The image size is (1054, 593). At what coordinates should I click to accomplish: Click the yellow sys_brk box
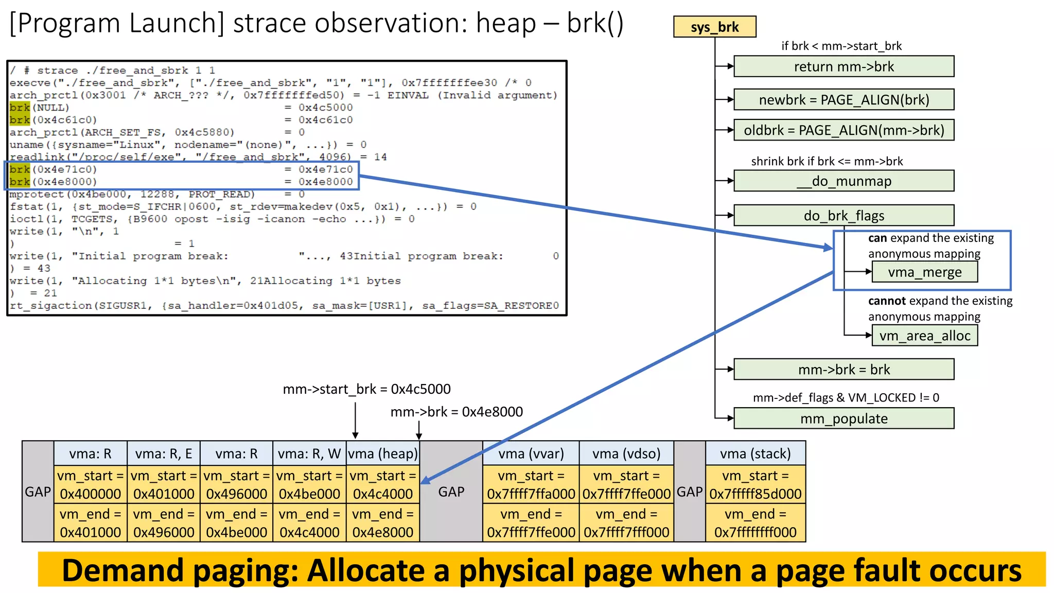click(714, 27)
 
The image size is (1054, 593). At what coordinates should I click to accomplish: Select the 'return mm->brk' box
click(844, 67)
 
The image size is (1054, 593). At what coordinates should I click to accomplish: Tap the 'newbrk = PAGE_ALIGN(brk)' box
click(844, 100)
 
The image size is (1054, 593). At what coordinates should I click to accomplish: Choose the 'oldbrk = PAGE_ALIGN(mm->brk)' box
click(844, 130)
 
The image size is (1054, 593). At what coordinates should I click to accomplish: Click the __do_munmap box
click(844, 181)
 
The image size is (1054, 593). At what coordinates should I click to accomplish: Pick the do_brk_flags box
click(844, 216)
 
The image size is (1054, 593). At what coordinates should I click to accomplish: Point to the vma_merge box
click(924, 272)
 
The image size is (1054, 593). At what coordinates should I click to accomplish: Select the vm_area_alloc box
click(924, 336)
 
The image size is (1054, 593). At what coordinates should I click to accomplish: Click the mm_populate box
click(844, 418)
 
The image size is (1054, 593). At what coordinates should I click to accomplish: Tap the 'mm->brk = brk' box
click(844, 370)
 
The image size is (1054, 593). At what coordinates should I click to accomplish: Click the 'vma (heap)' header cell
click(383, 454)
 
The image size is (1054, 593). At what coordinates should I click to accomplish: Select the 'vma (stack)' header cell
click(755, 454)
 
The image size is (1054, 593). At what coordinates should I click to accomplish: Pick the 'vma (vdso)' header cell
click(626, 454)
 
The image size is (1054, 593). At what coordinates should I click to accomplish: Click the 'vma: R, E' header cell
click(164, 454)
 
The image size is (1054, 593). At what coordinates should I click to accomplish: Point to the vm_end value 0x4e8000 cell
click(383, 532)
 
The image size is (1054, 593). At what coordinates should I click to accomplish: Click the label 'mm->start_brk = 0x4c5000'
click(366, 389)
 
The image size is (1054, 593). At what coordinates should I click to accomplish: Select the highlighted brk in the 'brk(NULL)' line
click(20, 108)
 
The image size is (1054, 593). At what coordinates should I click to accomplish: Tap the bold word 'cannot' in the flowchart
click(886, 301)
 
